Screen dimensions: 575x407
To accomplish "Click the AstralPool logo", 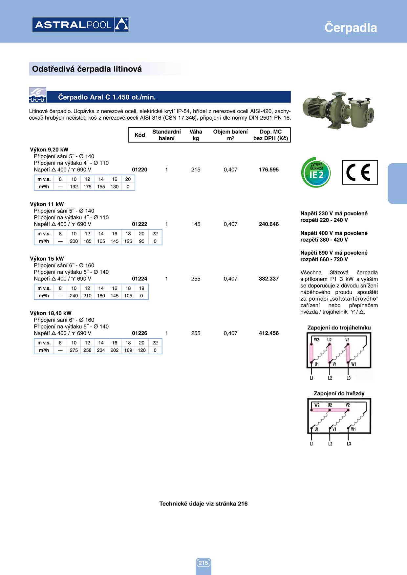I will click(80, 25).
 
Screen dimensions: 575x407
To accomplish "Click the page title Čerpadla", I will click(351, 28).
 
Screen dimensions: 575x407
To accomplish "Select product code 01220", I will click(139, 169).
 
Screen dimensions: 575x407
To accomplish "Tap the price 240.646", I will click(268, 224).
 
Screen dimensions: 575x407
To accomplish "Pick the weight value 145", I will click(196, 224).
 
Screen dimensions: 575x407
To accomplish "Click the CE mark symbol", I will click(360, 172).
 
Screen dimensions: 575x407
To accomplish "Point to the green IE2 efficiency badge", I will click(316, 172).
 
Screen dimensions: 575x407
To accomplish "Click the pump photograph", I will click(338, 110).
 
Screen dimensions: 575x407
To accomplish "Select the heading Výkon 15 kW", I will click(47, 259).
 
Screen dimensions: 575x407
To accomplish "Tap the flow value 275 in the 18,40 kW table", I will click(74, 350).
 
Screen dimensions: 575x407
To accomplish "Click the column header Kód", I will click(140, 135).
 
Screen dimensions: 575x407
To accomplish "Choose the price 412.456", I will click(268, 333).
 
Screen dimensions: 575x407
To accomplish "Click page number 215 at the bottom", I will click(203, 563).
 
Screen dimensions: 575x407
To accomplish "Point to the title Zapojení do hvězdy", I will click(339, 393).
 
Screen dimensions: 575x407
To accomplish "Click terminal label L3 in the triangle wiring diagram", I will click(349, 378).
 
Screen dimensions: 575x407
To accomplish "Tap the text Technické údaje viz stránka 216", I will click(203, 504).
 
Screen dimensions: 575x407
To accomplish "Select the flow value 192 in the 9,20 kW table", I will click(74, 187).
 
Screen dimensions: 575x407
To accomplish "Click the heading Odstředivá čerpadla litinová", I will click(87, 69).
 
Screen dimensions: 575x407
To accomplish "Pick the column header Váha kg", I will click(196, 135).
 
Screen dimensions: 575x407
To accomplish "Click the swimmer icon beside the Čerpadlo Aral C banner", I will click(38, 95).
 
